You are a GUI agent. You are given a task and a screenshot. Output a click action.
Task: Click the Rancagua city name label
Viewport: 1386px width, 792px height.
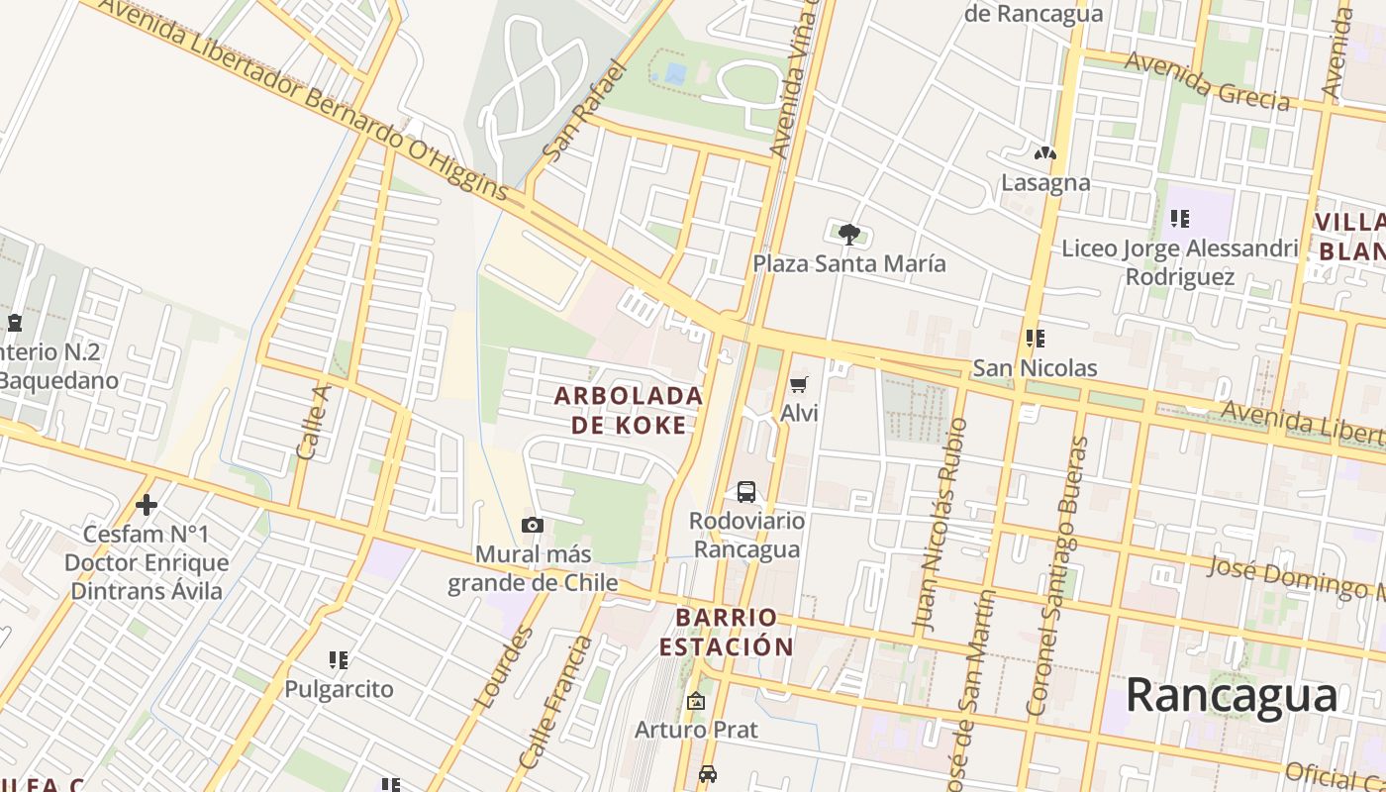[1232, 695]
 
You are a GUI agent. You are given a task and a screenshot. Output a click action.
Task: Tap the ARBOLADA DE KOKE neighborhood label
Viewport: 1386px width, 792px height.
[628, 410]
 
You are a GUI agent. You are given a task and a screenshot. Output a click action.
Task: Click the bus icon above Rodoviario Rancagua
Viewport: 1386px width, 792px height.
[745, 492]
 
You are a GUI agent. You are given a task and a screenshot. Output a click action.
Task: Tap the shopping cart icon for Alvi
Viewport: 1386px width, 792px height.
[798, 384]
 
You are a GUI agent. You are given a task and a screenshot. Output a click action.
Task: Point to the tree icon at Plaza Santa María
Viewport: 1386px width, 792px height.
[848, 235]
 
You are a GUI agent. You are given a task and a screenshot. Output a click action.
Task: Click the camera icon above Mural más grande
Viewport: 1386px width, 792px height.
[533, 526]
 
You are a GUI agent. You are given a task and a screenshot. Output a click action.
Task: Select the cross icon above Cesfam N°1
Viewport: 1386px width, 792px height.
[147, 506]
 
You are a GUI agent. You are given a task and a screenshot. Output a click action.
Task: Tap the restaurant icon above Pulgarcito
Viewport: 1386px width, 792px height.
[339, 659]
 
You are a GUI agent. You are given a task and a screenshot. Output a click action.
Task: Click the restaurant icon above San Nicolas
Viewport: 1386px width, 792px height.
[1036, 339]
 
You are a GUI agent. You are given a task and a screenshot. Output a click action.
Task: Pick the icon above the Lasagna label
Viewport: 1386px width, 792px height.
[1044, 153]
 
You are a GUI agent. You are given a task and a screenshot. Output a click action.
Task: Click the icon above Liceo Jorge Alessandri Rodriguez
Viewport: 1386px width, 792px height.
[1178, 218]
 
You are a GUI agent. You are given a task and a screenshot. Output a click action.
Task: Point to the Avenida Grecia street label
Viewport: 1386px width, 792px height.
[1208, 81]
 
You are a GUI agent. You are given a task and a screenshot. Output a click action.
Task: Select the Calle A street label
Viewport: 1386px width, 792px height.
[312, 422]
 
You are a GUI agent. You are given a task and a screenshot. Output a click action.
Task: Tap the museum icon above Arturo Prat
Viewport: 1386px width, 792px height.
[696, 701]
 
